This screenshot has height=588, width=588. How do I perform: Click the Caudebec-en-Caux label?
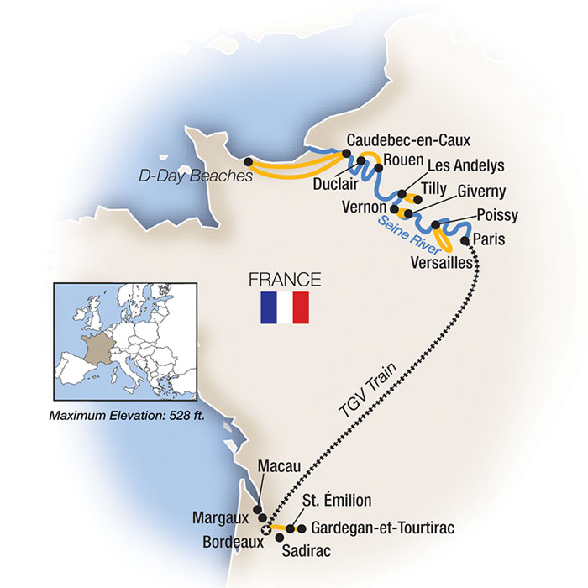(408, 140)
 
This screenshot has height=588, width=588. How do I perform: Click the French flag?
(284, 308)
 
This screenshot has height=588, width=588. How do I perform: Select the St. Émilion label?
(336, 501)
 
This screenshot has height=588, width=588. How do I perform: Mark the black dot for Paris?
(465, 240)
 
